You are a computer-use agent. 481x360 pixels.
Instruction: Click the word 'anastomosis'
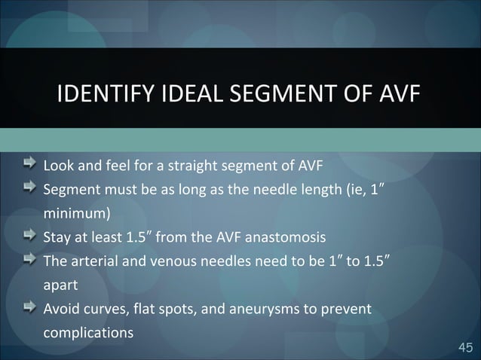(x=289, y=239)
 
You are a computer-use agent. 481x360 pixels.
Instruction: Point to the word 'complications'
(x=87, y=334)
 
